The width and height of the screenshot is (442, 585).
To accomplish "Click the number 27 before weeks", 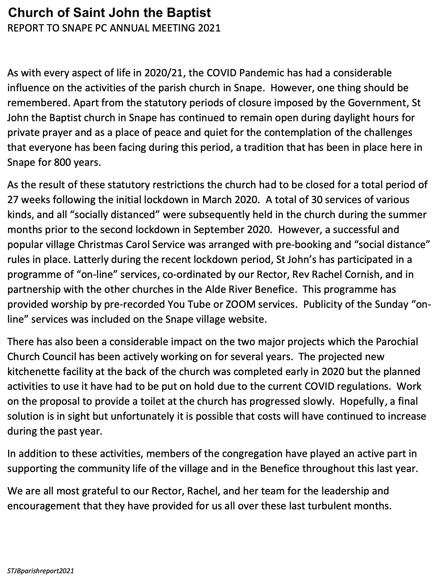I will point(13,200).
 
